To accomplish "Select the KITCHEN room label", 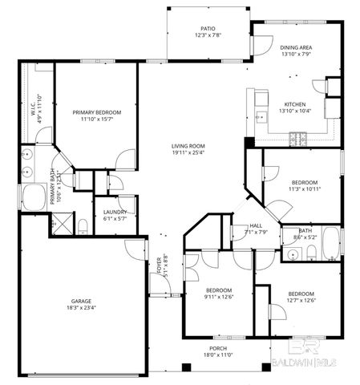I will click(x=295, y=103).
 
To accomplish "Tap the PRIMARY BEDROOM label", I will click(x=96, y=112).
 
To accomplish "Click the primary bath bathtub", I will click(x=34, y=197).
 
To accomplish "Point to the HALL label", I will click(x=256, y=226).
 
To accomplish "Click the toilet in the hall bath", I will click(x=311, y=254).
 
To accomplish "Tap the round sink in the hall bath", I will click(x=290, y=253).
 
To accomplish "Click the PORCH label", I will click(x=218, y=349).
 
